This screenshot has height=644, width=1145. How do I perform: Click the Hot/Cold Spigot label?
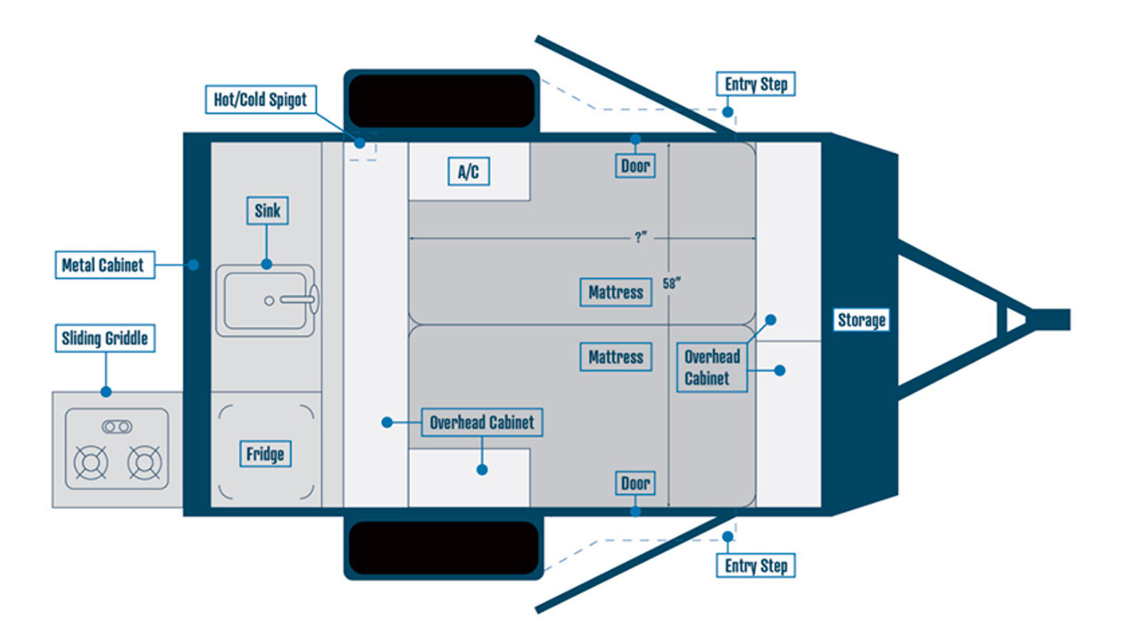pos(260,99)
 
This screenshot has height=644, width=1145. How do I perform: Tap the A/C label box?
pos(469,171)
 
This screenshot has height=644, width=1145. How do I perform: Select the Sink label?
pos(268,210)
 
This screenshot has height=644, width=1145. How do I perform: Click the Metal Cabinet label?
pos(104,265)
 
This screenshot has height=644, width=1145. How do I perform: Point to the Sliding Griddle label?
pos(104,338)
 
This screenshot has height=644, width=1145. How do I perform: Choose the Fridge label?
pos(265,454)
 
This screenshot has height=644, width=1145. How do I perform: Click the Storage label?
pos(862,320)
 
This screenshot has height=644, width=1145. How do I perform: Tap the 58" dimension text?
pos(671,283)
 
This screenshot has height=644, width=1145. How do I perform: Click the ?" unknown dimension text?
pos(640,237)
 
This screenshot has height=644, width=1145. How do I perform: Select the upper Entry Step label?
pos(756,84)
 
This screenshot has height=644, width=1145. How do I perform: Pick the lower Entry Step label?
pos(756,565)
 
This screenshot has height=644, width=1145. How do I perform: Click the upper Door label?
pos(635,165)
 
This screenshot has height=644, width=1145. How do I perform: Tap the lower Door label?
pos(635,483)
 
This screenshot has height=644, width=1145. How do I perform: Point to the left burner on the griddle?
pos(91,463)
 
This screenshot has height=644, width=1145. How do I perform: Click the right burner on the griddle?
pos(145,463)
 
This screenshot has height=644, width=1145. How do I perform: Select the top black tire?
pos(442,101)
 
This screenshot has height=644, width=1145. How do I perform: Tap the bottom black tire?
pos(444,548)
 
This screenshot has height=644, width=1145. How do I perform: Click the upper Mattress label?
pos(616,293)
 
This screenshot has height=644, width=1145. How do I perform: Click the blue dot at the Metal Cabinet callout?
pos(193,265)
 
